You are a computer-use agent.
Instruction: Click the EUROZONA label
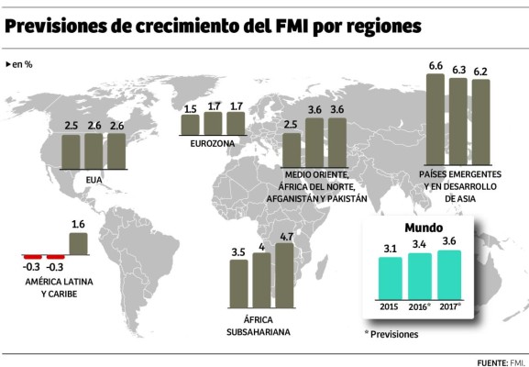click(x=214, y=144)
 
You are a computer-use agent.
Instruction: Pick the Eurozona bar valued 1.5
click(x=191, y=125)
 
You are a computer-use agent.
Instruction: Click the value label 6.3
click(x=459, y=69)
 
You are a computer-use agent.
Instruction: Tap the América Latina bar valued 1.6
click(x=78, y=243)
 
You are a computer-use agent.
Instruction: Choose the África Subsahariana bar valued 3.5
click(x=238, y=283)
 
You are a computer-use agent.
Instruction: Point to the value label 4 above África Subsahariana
click(x=261, y=246)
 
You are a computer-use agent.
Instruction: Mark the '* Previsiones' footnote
click(x=391, y=334)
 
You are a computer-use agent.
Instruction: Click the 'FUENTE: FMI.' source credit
click(x=499, y=361)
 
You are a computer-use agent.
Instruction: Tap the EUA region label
click(x=93, y=180)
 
